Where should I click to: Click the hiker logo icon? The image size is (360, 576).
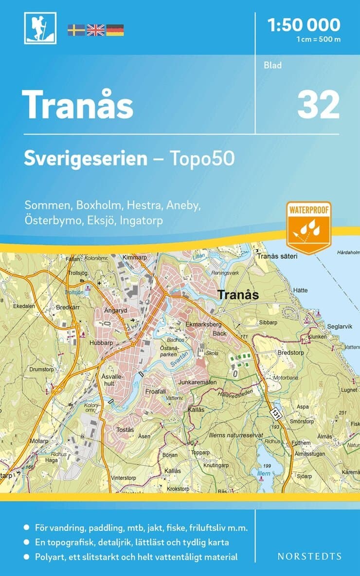[x=40, y=28]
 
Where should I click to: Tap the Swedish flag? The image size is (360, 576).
[x=76, y=30]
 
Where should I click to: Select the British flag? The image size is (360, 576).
[x=95, y=30]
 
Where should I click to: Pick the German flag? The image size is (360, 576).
[x=115, y=30]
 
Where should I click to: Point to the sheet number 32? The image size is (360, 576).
[x=318, y=105]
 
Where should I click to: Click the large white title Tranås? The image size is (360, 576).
[x=78, y=105]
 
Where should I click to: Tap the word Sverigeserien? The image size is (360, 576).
[x=86, y=158]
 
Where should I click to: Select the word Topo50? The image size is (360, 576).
[x=202, y=158]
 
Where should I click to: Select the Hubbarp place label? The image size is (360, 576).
[x=101, y=342]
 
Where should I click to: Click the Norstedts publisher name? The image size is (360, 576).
[x=309, y=556]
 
